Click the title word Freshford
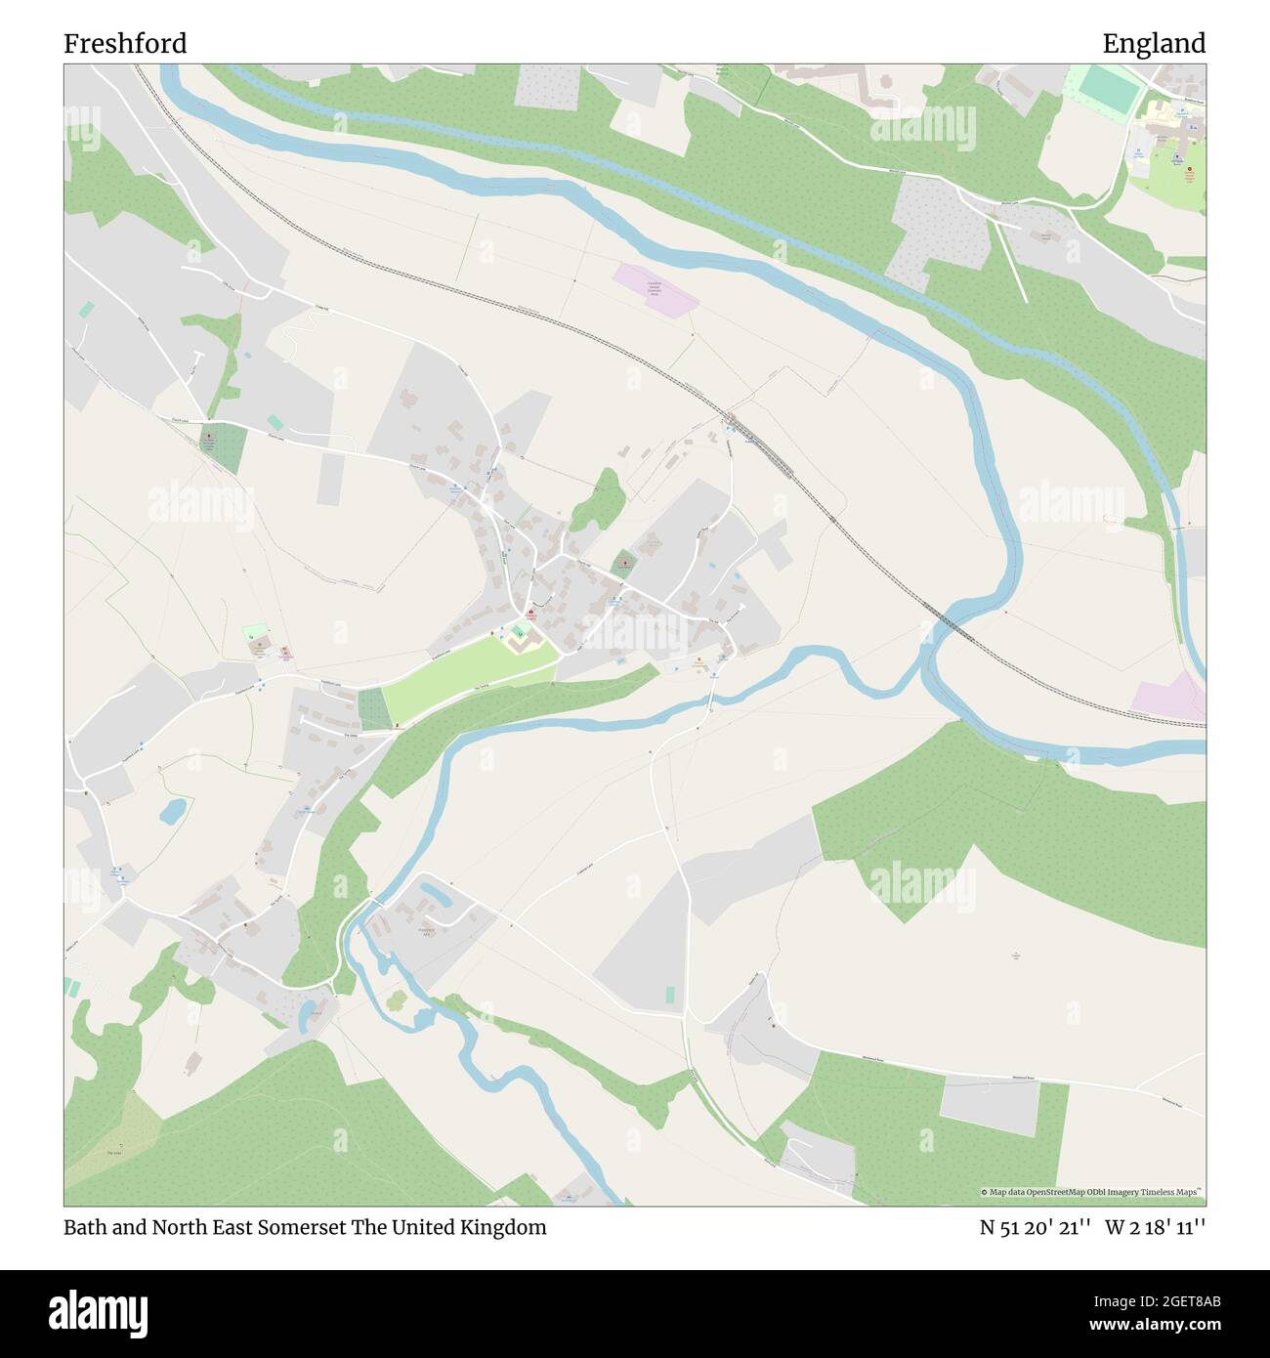(x=125, y=44)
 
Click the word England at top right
(x=1154, y=44)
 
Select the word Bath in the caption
(x=83, y=1227)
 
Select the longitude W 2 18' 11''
(x=1156, y=1227)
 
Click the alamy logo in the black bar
(x=99, y=1309)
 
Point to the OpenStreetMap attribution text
(x=1092, y=1193)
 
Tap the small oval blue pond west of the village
(x=173, y=809)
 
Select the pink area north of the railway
(x=651, y=287)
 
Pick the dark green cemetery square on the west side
(x=224, y=447)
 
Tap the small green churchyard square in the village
(x=623, y=564)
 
